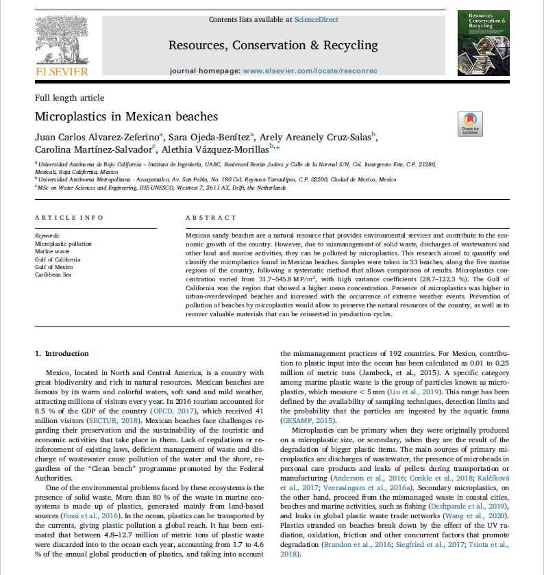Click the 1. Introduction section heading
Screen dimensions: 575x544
click(62, 353)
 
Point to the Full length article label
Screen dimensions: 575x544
click(69, 98)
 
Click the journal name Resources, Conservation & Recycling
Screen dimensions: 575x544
click(273, 46)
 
